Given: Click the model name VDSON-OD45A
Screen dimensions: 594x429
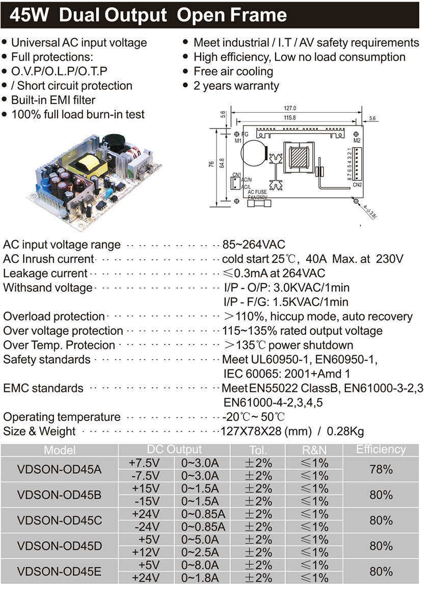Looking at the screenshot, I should pyautogui.click(x=59, y=469).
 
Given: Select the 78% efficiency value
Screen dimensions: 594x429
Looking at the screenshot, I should pyautogui.click(x=381, y=469).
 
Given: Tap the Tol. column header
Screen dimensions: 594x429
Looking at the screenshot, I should pyautogui.click(x=258, y=450).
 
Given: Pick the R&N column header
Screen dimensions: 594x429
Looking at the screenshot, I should pyautogui.click(x=314, y=450).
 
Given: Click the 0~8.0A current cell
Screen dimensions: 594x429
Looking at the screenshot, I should pyautogui.click(x=200, y=565).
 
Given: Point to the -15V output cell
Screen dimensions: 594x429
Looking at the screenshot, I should pyautogui.click(x=145, y=501).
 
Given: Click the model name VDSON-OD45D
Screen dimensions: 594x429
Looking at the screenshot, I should pyautogui.click(x=59, y=546).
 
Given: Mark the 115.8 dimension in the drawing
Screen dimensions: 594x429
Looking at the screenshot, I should pyautogui.click(x=288, y=118).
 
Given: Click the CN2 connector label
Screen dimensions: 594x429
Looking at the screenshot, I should pyautogui.click(x=357, y=185).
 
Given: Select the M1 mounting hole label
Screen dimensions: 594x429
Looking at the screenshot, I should pyautogui.click(x=237, y=140).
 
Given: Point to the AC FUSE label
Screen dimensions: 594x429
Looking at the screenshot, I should pyautogui.click(x=257, y=192).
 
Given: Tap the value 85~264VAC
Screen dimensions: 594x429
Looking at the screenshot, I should pyautogui.click(x=254, y=244).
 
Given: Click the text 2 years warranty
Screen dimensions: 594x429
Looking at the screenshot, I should pyautogui.click(x=236, y=86).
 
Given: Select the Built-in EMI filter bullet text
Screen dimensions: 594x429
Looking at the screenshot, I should pyautogui.click(x=53, y=100).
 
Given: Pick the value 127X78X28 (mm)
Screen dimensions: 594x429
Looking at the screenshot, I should pyautogui.click(x=265, y=431).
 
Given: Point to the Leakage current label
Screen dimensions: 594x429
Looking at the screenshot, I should pyautogui.click(x=45, y=274).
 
